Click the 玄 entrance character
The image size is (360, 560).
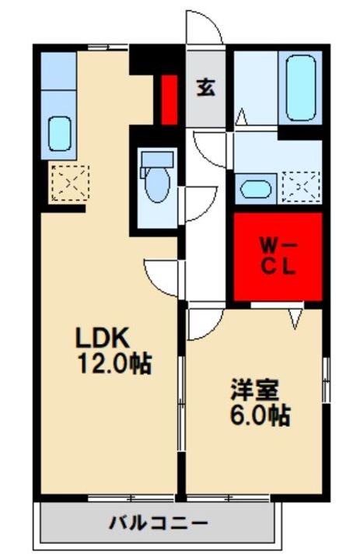(x=205, y=88)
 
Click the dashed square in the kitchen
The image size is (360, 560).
(x=64, y=183)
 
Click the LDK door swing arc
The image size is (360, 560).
(x=163, y=277)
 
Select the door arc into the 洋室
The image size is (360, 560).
(x=200, y=324)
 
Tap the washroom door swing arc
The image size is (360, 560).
(x=210, y=148)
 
